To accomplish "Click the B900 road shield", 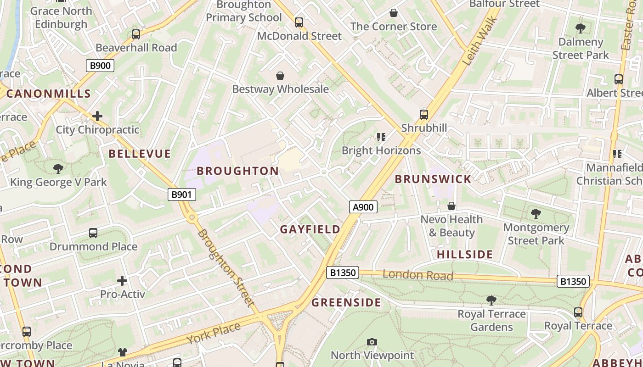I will pyautogui.click(x=100, y=66).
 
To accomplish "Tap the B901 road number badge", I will pyautogui.click(x=181, y=195).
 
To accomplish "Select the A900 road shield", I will pyautogui.click(x=363, y=207).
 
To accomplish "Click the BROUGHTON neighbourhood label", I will pyautogui.click(x=238, y=171).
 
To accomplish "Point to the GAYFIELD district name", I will pyautogui.click(x=310, y=229).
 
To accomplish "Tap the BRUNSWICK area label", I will pyautogui.click(x=433, y=179).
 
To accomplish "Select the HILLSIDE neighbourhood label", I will pyautogui.click(x=465, y=255).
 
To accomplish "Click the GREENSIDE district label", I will pyautogui.click(x=346, y=303).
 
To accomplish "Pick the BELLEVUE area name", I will pyautogui.click(x=140, y=154).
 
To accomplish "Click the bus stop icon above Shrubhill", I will pyautogui.click(x=424, y=115).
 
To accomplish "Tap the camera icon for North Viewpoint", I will pyautogui.click(x=372, y=342).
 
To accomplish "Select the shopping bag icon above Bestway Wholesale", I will pyautogui.click(x=280, y=76).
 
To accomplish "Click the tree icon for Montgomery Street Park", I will pyautogui.click(x=536, y=214).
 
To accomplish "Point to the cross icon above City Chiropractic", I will pyautogui.click(x=97, y=116).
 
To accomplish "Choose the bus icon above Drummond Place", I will pyautogui.click(x=93, y=233).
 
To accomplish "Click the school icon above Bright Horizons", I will pyautogui.click(x=381, y=137).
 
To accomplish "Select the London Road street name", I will pyautogui.click(x=418, y=275).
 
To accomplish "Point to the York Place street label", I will pyautogui.click(x=213, y=334).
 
